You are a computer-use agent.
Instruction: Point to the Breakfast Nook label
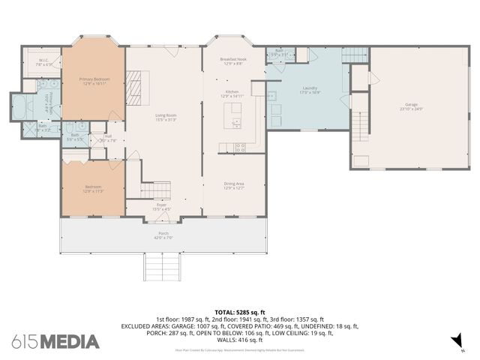click(233, 61)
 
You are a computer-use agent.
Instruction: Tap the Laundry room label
click(310, 89)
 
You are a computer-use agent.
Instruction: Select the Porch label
click(163, 235)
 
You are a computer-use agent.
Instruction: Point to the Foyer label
click(161, 206)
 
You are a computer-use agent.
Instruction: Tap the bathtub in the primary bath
click(18, 106)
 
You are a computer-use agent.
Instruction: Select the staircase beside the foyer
click(155, 190)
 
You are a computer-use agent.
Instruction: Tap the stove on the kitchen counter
click(239, 147)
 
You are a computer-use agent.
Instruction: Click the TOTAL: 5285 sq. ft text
click(240, 311)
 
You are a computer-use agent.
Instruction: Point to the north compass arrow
click(454, 341)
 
